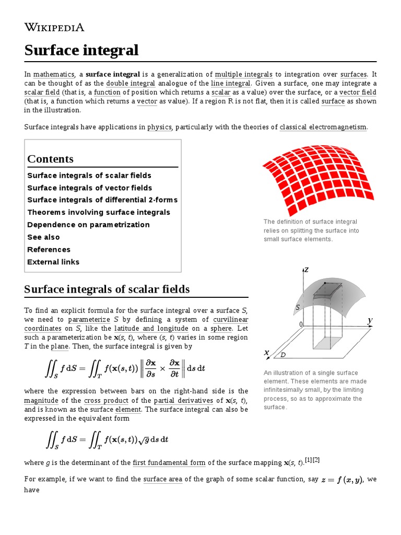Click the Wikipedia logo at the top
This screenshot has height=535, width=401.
coord(54,28)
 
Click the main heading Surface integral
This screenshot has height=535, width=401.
coord(81,50)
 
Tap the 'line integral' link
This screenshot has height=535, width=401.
coord(231,84)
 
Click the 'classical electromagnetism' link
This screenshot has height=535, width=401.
coord(323,127)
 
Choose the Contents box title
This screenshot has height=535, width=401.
coord(50,159)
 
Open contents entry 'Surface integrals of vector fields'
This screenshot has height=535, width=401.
coord(89,188)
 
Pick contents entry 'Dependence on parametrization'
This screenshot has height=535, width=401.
coord(88,225)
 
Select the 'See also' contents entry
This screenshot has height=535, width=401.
coord(43,237)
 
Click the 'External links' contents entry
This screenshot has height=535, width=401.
coord(53,262)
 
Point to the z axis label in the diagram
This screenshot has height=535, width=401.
coord(306,270)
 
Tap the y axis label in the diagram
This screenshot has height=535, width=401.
coord(370,320)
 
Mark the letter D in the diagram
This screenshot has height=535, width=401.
coord(283,355)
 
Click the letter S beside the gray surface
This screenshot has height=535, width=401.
coord(298,308)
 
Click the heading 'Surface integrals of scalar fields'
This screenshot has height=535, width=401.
coord(107,289)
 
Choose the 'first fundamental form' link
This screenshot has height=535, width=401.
coord(169,462)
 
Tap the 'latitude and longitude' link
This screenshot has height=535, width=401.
coord(151,329)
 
